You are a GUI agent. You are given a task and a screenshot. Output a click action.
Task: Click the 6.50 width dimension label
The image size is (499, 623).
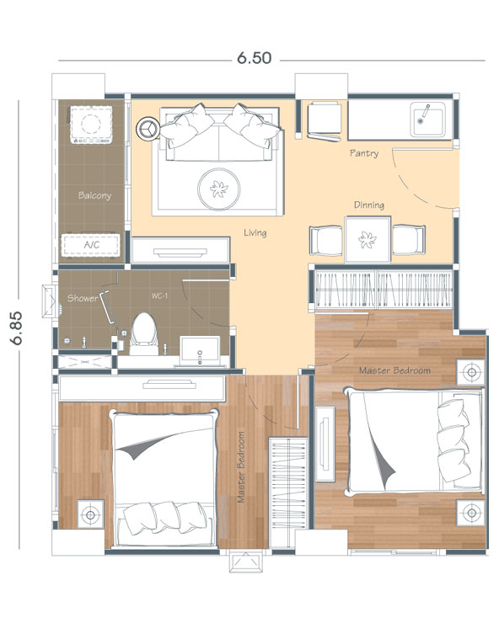coord(255,58)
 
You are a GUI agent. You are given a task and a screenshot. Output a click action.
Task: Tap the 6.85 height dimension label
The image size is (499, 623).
coord(16,327)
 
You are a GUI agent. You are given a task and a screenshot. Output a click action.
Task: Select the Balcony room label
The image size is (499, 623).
coord(94,195)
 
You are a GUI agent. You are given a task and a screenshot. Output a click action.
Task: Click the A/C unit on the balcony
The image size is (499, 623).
coord(91,245)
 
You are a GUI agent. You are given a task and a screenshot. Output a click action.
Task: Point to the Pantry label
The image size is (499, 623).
coord(364,153)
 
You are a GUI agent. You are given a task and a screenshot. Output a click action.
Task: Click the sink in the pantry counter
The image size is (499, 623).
coord(428,120)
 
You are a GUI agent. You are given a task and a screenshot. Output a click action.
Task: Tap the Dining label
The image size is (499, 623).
coord(369,205)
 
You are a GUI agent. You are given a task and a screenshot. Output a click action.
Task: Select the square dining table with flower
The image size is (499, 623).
coord(368,240)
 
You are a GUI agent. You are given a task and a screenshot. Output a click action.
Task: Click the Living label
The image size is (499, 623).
coord(255,232)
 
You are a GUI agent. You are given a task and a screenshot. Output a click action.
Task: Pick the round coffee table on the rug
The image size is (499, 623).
coord(219,189)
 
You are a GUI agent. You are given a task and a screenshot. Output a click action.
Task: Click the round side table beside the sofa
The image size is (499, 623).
coord(148,129)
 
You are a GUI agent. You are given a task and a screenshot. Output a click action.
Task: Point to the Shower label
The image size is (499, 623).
coord(83,298)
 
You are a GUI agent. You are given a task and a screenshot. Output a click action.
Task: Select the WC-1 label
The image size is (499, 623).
coord(159,296)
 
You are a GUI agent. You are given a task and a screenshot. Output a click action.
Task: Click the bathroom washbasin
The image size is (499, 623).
coord(200,351)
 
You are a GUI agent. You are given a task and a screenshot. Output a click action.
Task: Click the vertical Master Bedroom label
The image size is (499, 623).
coord(241,467)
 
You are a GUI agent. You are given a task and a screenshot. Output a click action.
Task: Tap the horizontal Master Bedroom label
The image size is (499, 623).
coord(394,370)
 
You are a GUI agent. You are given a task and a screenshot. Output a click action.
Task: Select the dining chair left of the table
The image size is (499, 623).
coord(326,241)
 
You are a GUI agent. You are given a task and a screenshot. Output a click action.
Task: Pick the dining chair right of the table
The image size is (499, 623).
coord(409,240)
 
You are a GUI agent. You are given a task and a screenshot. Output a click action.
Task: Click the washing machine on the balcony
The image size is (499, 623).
coord(91,125)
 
